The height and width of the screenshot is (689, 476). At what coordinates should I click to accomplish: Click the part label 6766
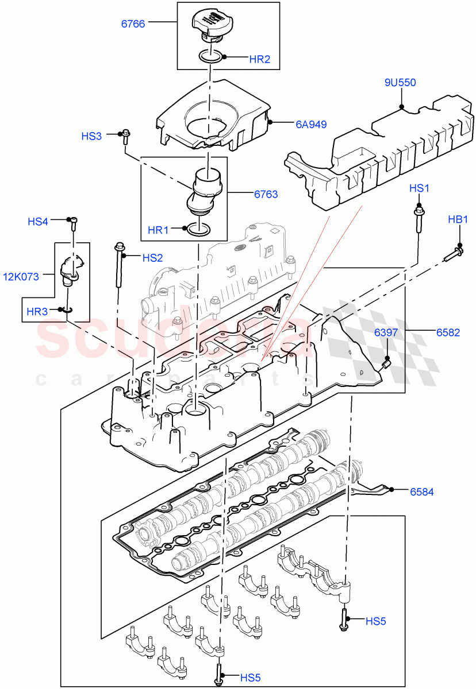(133, 24)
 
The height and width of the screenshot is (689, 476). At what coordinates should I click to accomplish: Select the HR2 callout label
(259, 59)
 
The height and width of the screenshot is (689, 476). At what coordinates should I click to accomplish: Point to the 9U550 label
(400, 83)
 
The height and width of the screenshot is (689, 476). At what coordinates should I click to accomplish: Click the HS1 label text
(419, 188)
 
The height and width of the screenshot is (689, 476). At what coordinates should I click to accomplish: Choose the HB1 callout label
(459, 219)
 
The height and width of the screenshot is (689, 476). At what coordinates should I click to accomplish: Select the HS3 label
(91, 136)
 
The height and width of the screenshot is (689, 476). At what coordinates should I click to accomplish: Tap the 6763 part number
(266, 194)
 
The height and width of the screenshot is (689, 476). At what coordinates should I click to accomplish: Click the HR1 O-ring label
(158, 230)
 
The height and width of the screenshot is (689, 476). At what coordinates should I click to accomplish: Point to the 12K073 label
(21, 277)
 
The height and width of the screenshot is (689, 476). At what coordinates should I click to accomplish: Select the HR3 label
(37, 312)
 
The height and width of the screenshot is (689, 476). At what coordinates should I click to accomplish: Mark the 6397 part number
(386, 332)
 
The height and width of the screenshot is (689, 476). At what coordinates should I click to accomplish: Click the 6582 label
(447, 332)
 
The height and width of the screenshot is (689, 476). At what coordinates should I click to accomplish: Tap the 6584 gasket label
(421, 491)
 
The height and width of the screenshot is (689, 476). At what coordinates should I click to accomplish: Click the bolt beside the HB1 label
(454, 253)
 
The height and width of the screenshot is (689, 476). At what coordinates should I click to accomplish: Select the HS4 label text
(39, 221)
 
